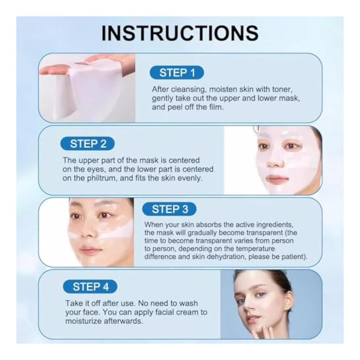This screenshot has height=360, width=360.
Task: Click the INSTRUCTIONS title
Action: coord(180,33)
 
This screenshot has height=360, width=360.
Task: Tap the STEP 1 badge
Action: coord(177,73)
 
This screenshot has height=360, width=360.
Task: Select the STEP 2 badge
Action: coord(87,144)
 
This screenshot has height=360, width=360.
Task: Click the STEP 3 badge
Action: coord(170,209)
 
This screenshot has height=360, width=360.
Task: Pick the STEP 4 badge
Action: coord(90,287)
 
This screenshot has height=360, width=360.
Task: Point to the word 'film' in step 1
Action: coord(216,107)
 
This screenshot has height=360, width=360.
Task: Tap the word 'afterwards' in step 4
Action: coord(123,321)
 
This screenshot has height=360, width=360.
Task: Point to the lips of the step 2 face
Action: coord(277,179)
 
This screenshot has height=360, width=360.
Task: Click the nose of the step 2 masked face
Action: coord(275,161)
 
